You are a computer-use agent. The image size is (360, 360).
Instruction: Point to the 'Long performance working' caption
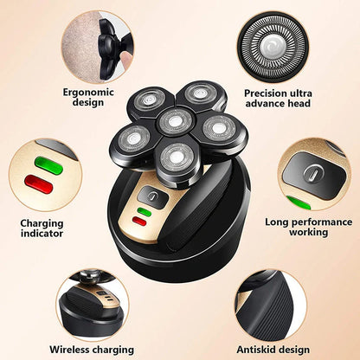309,228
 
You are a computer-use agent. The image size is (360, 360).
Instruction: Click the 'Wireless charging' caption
92,349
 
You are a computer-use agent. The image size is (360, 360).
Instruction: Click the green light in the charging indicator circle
48,164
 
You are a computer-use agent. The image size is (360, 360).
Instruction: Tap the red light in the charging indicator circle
38,183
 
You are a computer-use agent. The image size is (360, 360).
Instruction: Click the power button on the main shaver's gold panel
152,196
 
